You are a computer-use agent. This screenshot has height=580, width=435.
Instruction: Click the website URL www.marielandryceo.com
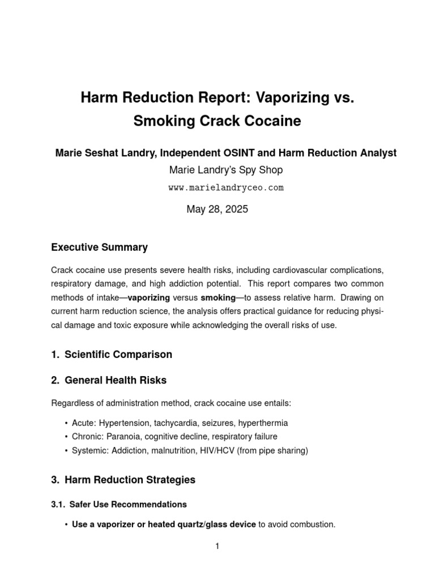point(217,187)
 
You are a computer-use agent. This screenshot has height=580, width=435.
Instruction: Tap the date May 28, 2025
point(217,209)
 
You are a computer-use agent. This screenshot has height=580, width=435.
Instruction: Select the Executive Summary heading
point(99,247)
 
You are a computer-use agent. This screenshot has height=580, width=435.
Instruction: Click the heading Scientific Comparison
point(118,355)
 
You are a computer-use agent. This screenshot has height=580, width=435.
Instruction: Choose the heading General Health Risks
point(116,381)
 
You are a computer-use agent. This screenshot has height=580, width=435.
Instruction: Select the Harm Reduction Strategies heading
point(130,480)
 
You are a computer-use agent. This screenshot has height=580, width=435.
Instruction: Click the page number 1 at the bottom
point(217,546)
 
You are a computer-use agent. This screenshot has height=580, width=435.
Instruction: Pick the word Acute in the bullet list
point(83,423)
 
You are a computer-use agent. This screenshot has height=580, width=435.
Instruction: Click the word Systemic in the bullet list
point(89,450)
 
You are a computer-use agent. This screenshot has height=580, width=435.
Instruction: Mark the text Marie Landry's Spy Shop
point(217,170)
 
